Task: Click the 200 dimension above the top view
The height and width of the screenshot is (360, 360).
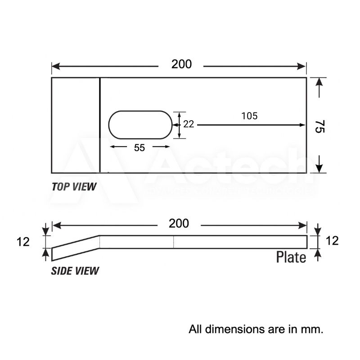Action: pyautogui.click(x=181, y=64)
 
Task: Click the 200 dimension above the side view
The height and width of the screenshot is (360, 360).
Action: pyautogui.click(x=179, y=223)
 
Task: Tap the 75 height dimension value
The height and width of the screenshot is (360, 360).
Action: pyautogui.click(x=319, y=126)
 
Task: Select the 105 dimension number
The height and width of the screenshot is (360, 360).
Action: pyautogui.click(x=249, y=116)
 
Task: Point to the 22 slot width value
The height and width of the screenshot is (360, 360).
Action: pyautogui.click(x=189, y=124)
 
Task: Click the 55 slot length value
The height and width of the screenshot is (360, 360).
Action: pyautogui.click(x=139, y=148)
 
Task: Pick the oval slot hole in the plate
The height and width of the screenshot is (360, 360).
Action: pyautogui.click(x=140, y=125)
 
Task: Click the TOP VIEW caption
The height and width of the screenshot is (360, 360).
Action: pyautogui.click(x=74, y=187)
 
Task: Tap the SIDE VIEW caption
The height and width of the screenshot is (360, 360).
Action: pyautogui.click(x=75, y=271)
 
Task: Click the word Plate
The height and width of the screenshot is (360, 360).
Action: pyautogui.click(x=291, y=257)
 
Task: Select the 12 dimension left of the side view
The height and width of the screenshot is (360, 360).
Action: pyautogui.click(x=23, y=242)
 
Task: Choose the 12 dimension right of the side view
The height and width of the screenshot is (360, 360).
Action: pyautogui.click(x=332, y=241)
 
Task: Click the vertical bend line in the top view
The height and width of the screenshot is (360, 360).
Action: pyautogui.click(x=99, y=125)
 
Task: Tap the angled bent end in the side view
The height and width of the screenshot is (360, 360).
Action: pyautogui.click(x=76, y=247)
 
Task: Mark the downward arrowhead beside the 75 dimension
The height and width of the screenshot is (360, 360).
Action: pyautogui.click(x=319, y=168)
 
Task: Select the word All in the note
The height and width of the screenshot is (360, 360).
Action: pyautogui.click(x=196, y=329)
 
